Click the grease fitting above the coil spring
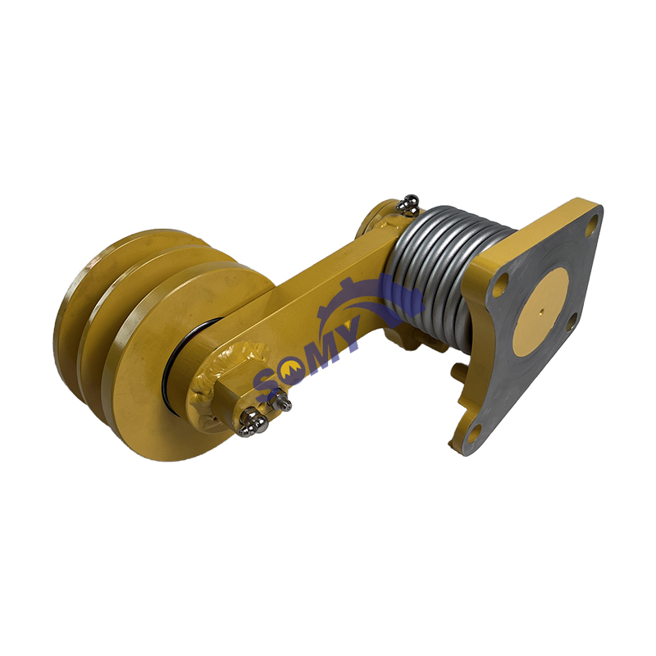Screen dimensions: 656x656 408,204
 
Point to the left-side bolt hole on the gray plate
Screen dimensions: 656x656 503,280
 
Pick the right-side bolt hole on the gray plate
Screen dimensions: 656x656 571,321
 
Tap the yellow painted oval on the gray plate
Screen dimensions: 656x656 540,312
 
